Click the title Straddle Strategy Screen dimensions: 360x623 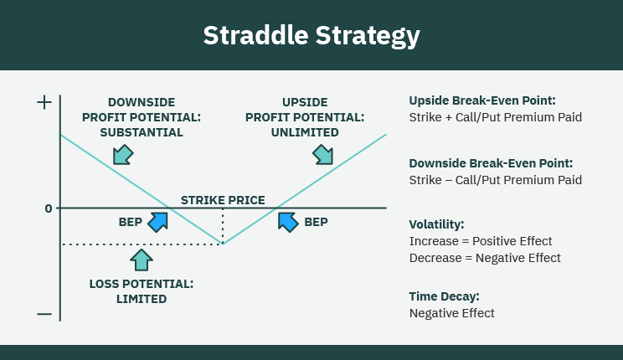[x=311, y=36]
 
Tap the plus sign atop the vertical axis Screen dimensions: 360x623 [x=44, y=103]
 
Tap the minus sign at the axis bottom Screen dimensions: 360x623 [x=44, y=315]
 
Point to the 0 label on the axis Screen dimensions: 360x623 [x=49, y=208]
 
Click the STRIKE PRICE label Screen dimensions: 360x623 [x=223, y=200]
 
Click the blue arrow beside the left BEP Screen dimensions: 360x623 [x=157, y=221]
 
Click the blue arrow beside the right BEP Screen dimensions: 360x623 [x=288, y=221]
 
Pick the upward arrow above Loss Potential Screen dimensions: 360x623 [x=142, y=259]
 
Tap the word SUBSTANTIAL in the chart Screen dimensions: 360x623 [x=142, y=132]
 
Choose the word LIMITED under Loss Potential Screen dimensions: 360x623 [x=142, y=299]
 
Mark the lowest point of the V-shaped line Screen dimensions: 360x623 [x=223, y=244]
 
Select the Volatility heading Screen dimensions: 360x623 [x=436, y=224]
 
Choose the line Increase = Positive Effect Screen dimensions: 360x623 [x=481, y=241]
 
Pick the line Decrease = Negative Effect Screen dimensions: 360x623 [x=485, y=258]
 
